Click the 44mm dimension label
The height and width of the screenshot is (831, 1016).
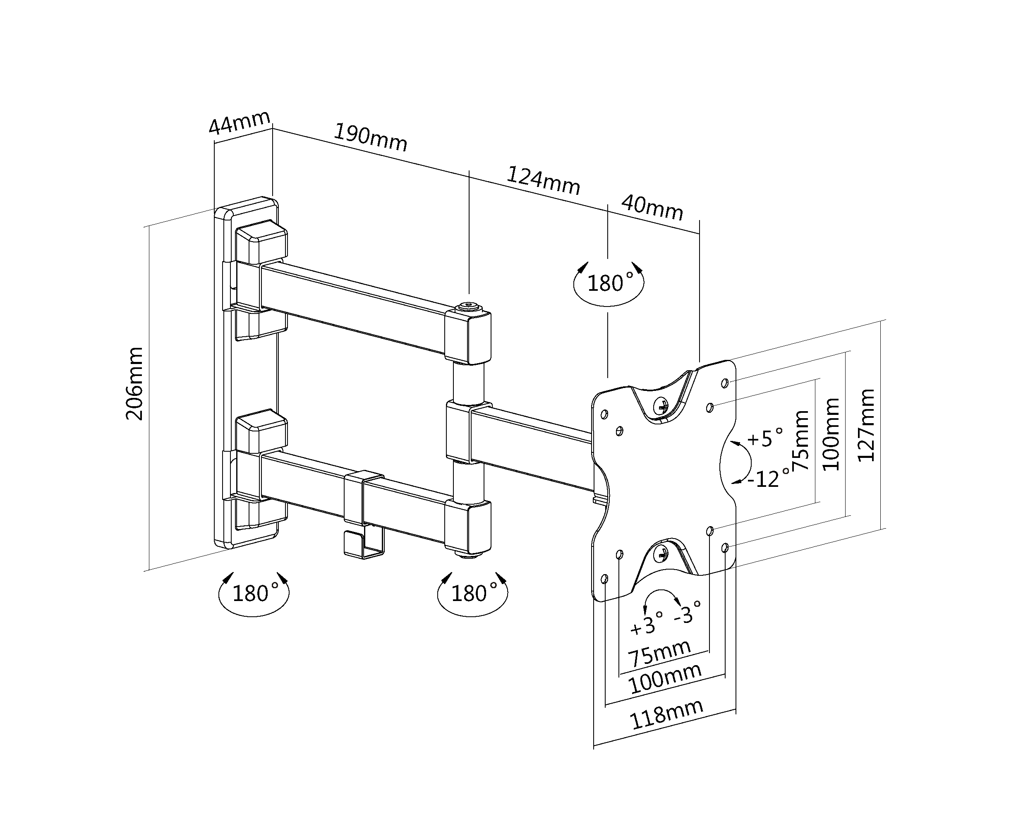click(240, 122)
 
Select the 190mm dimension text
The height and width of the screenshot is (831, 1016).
click(370, 137)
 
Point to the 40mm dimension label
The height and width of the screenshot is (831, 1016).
click(652, 208)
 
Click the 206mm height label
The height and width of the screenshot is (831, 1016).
click(134, 384)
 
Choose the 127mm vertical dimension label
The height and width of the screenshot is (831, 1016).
click(866, 425)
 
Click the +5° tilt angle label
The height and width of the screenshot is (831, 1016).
click(765, 438)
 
